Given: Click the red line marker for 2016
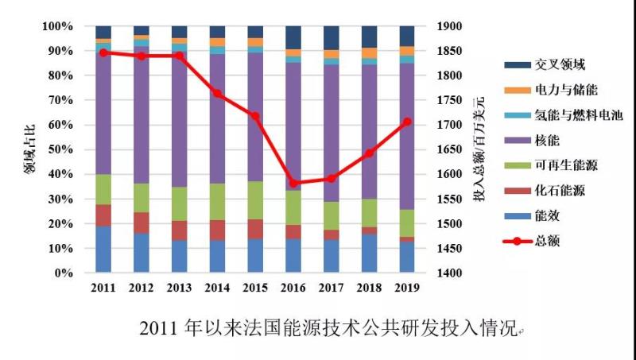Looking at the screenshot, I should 293,184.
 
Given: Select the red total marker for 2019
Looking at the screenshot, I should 407,122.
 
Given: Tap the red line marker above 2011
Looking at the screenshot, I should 103,52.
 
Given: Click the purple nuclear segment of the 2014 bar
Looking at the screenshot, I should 217,119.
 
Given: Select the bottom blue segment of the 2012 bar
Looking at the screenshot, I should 142,253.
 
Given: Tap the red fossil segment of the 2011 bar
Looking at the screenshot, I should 103,215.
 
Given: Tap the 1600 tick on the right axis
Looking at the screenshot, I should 449,175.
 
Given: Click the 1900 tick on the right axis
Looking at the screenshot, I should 449,26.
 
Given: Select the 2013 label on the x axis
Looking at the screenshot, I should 180,287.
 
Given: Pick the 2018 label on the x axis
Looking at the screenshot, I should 370,287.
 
